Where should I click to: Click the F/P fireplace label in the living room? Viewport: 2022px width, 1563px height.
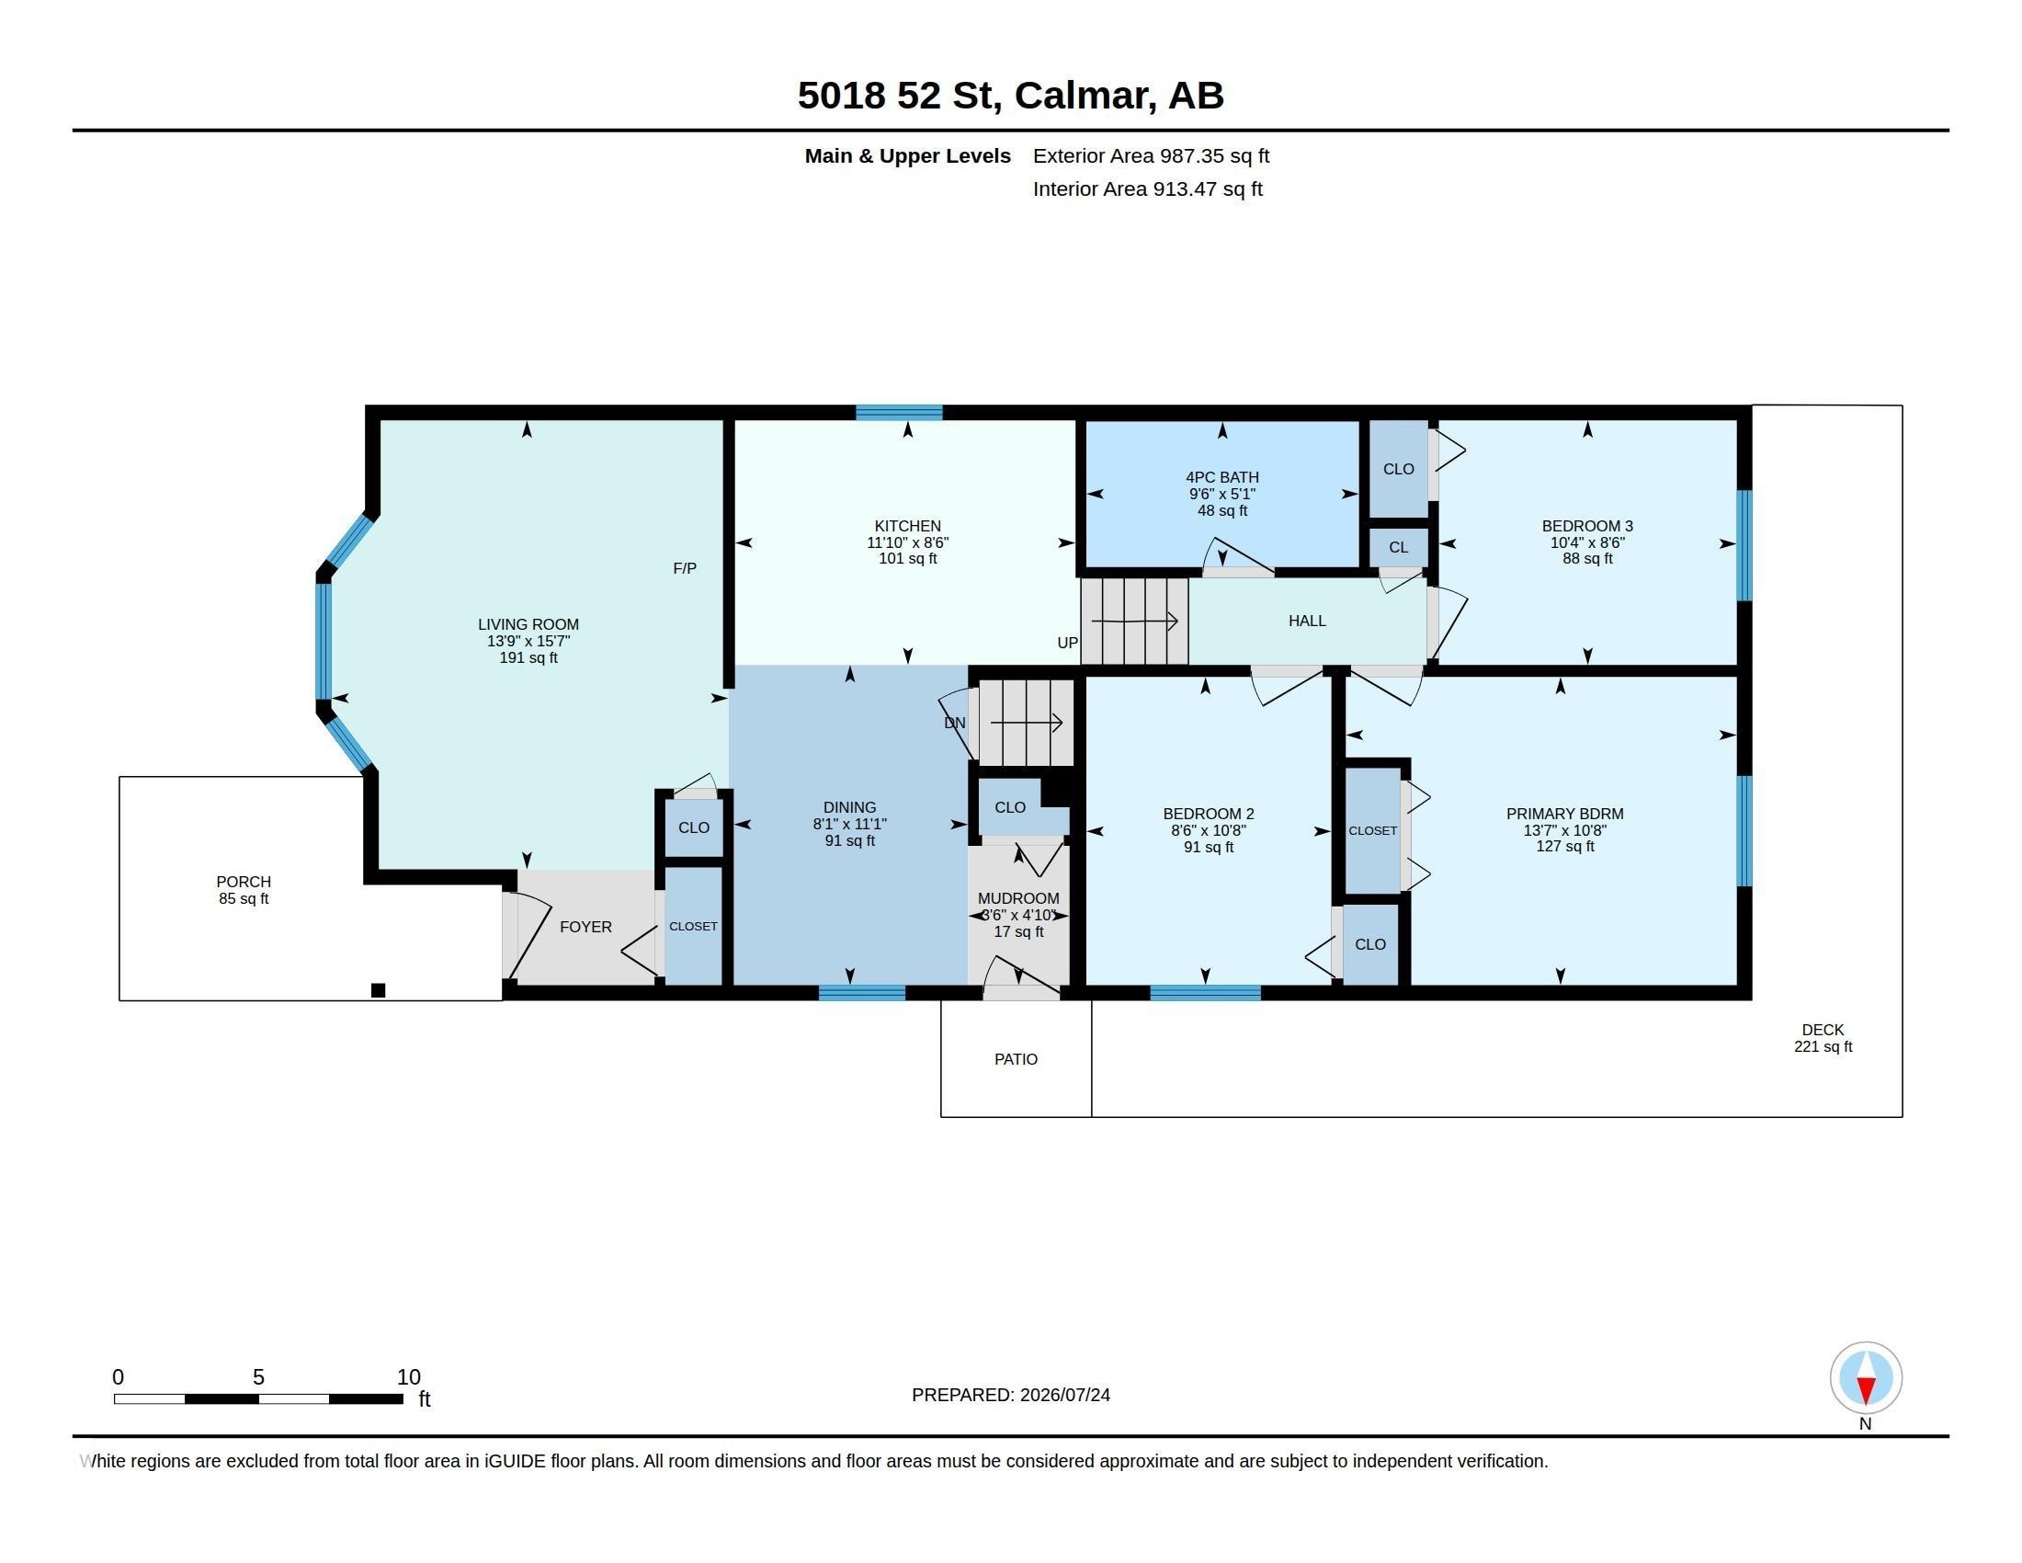pyautogui.click(x=684, y=568)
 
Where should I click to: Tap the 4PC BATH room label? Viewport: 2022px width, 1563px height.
pyautogui.click(x=1222, y=478)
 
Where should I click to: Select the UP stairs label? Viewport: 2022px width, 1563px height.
pyautogui.click(x=1067, y=643)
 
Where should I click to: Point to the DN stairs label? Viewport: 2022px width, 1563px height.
pyautogui.click(x=955, y=724)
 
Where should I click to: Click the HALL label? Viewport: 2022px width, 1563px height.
pyautogui.click(x=1307, y=622)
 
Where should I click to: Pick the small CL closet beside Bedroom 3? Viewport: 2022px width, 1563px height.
pyautogui.click(x=1398, y=547)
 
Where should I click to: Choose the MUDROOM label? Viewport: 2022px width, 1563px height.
pyautogui.click(x=1018, y=898)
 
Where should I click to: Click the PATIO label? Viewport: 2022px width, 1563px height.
pyautogui.click(x=1016, y=1059)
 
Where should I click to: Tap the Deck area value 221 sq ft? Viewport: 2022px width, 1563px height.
pyautogui.click(x=1823, y=1046)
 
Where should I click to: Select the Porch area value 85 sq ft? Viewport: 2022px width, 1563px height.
pyautogui.click(x=244, y=898)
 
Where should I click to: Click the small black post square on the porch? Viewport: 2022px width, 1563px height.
pyautogui.click(x=378, y=990)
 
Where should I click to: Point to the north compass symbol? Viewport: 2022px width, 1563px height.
pyautogui.click(x=1866, y=1378)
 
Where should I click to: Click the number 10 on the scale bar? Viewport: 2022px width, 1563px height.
pyautogui.click(x=408, y=1377)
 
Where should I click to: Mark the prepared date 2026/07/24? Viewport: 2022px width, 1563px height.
pyautogui.click(x=1064, y=1395)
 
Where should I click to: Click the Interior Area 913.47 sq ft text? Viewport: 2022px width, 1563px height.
pyautogui.click(x=1147, y=188)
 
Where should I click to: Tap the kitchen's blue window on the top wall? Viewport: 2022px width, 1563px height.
pyautogui.click(x=899, y=413)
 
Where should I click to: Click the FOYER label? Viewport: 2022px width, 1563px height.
pyautogui.click(x=586, y=927)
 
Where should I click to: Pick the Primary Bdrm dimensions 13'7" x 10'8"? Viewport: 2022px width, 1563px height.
pyautogui.click(x=1564, y=830)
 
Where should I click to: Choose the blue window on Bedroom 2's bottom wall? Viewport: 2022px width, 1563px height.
pyautogui.click(x=1206, y=993)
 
